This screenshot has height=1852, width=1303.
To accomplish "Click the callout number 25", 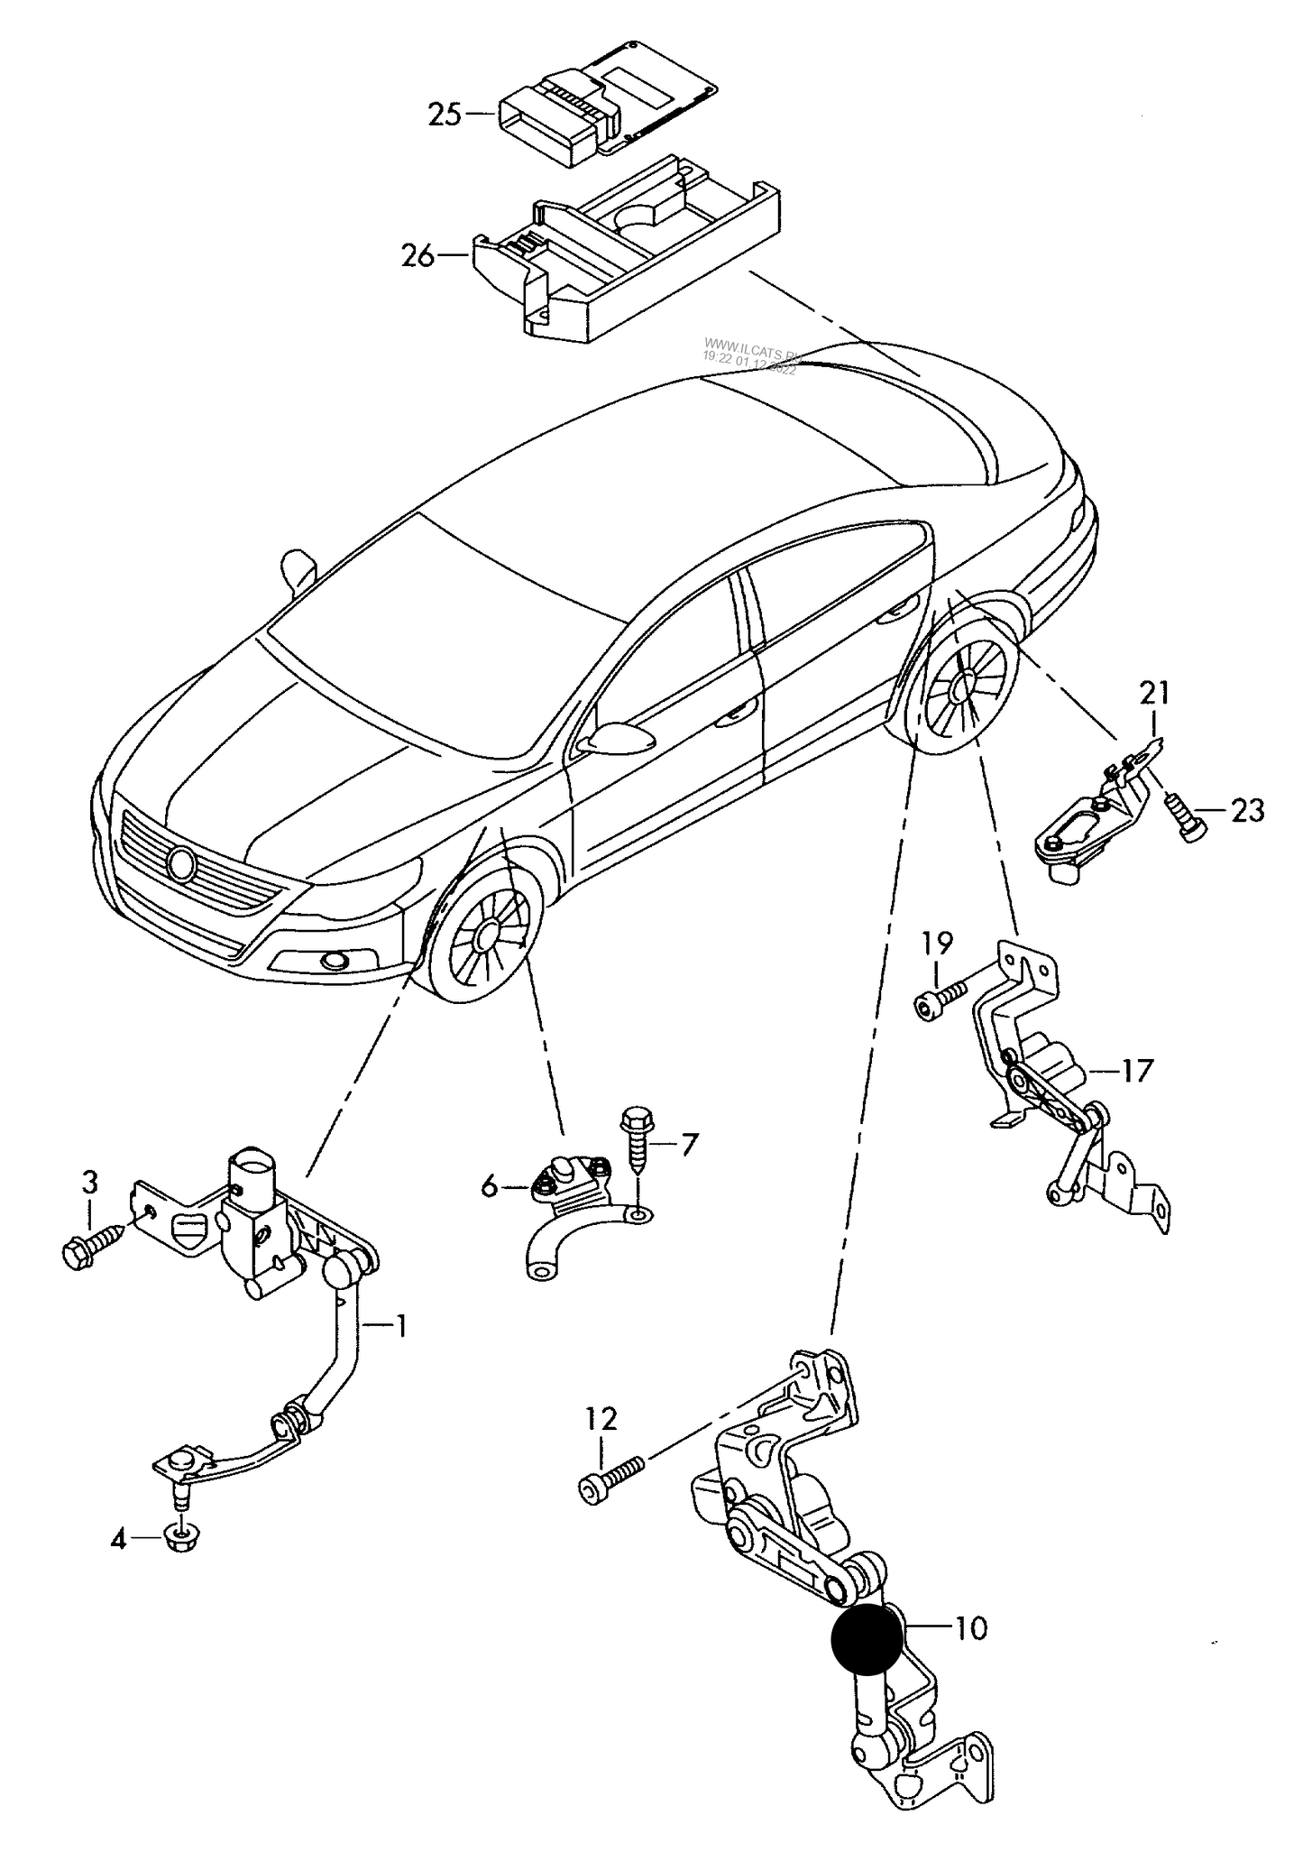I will pos(445,115).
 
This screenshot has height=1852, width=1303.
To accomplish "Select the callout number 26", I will pos(418,256).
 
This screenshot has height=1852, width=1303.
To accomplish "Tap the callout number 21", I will pos(1153,695).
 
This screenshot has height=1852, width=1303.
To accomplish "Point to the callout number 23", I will pos(1247,811).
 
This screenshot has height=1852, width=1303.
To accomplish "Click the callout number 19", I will pos(937,944).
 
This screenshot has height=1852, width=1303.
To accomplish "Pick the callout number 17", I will pos(1137,1071).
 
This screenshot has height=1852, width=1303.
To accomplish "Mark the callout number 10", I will pos(970,1628).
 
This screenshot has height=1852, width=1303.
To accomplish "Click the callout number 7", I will pos(688,1146).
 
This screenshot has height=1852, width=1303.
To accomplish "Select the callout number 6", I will pos(489,1187).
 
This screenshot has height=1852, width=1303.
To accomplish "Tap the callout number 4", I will pos(118,1539).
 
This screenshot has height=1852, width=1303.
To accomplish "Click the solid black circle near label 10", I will pos(867,1639).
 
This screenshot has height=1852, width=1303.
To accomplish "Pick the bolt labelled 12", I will pos(611,1477).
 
